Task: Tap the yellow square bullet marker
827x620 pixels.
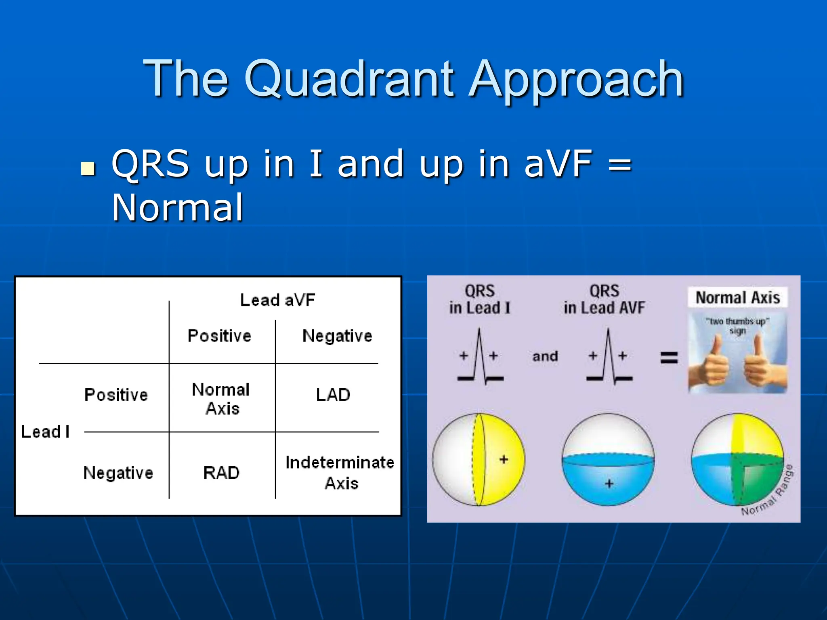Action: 88,168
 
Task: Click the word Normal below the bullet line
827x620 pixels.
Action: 177,208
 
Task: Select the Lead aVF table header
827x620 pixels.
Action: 277,300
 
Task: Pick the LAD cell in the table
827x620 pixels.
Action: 333,395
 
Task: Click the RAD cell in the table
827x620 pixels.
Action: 221,473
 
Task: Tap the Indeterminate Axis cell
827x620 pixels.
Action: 340,472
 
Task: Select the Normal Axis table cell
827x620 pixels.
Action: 221,399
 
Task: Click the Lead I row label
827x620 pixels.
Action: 45,432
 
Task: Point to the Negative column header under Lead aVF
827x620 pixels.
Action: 337,336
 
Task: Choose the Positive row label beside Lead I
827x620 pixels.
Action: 116,395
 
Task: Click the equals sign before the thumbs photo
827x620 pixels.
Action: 669,358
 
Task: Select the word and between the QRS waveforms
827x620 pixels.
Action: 545,356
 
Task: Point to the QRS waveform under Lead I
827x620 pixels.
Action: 480,357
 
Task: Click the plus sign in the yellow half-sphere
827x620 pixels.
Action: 504,459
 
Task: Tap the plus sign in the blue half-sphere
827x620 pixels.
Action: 609,483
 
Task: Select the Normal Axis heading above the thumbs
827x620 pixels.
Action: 737,298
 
